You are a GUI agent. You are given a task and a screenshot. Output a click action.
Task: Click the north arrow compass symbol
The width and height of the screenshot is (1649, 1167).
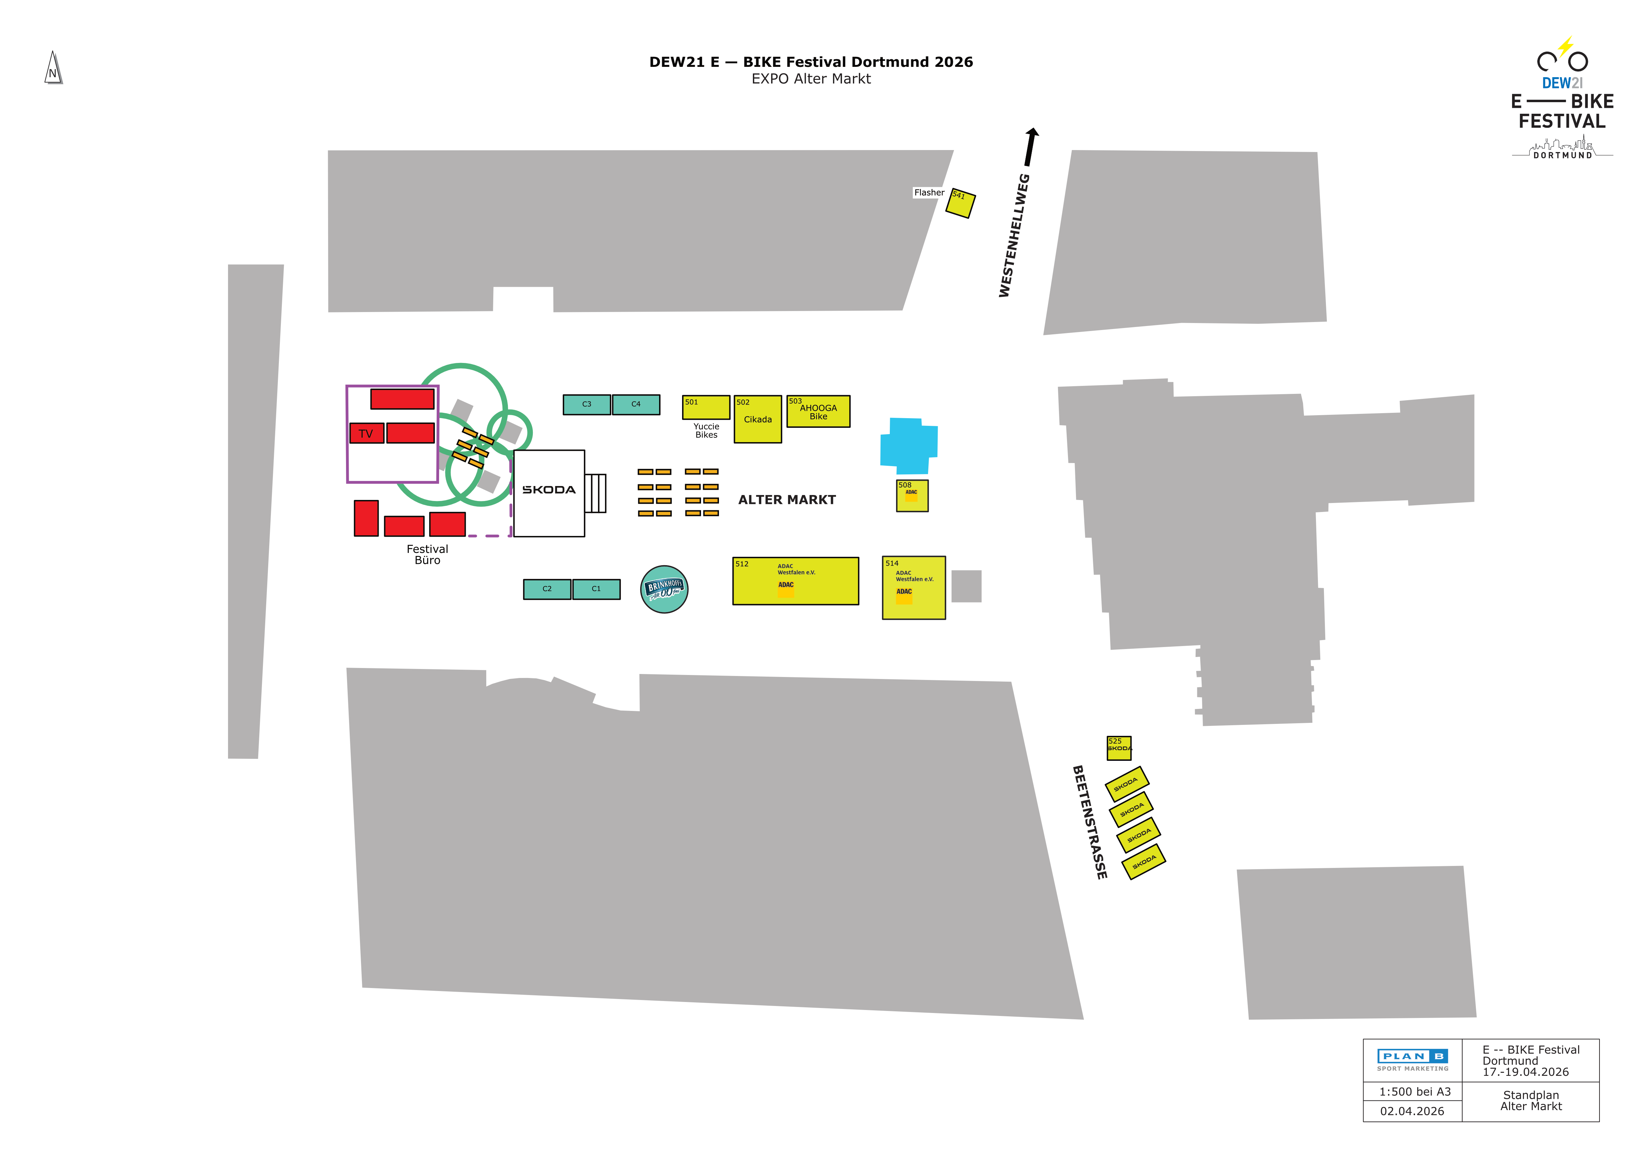click(53, 68)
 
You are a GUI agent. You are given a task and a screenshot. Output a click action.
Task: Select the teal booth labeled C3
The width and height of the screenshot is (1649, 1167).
click(587, 405)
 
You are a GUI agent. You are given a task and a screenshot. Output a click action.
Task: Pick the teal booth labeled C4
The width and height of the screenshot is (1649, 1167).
click(636, 405)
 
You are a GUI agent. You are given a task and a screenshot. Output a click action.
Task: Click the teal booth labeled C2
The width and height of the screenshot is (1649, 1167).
click(547, 589)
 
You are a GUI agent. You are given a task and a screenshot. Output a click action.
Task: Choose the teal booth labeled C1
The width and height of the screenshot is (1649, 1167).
click(596, 589)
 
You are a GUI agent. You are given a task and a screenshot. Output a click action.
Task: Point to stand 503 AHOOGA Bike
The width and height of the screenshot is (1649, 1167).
click(818, 412)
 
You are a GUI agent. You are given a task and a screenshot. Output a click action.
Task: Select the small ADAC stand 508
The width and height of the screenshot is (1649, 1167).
click(912, 496)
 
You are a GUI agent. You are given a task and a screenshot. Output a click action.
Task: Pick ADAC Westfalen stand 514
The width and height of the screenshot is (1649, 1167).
click(913, 588)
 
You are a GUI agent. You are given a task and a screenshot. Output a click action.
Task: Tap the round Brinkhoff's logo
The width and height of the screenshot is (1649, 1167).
click(664, 589)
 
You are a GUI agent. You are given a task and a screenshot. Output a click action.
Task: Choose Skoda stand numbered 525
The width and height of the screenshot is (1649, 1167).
click(1119, 748)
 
